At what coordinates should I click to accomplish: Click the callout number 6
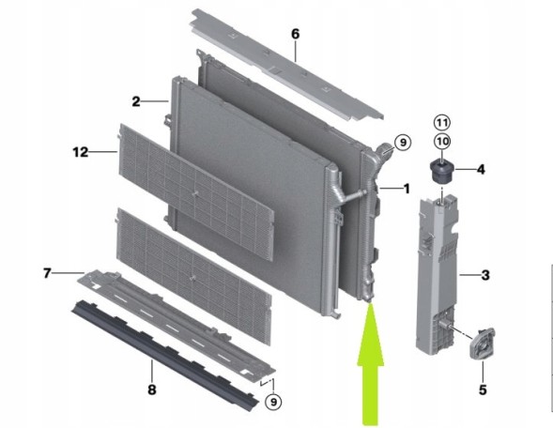coord(296,34)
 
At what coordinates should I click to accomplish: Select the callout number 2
coord(136,102)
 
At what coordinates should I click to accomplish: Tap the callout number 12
coord(81,152)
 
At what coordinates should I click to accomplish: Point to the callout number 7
coord(47,273)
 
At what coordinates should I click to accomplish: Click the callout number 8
coord(152,390)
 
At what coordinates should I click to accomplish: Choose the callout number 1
coord(407,189)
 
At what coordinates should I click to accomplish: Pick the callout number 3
coord(485,275)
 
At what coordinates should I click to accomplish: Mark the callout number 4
coord(481,170)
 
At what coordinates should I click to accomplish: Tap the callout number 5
coord(483,390)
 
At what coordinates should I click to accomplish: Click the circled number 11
coord(442,123)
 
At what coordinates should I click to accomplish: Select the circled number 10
coord(442,142)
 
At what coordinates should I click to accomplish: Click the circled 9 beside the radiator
coord(403,143)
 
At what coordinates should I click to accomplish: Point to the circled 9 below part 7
coord(273,402)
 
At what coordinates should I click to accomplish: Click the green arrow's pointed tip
coord(370,303)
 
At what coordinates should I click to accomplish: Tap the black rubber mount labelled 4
coord(441,172)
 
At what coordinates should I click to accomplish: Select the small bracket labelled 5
coord(482,344)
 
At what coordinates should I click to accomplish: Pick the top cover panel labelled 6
coord(286,65)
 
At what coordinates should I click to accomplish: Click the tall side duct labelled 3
coord(438,273)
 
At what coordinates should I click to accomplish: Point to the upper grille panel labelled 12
coord(196,192)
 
